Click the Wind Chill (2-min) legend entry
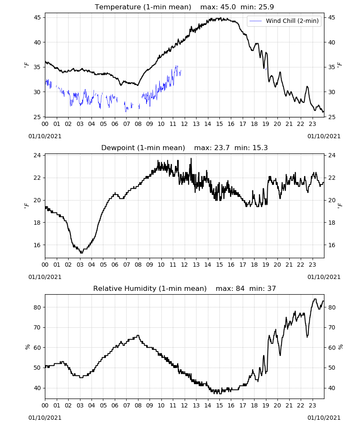click(284, 21)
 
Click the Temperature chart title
click(143, 7)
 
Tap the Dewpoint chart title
click(143, 148)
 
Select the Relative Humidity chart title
click(150, 288)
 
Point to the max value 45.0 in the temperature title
click(228, 7)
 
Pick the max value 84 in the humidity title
click(240, 288)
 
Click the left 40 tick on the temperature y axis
click(37, 42)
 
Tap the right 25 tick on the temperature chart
click(331, 117)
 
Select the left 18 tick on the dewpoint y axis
click(37, 223)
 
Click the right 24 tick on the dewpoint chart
click(332, 155)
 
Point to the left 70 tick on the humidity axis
click(37, 327)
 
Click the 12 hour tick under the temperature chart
click(184, 124)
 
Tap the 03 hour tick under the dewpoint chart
click(80, 265)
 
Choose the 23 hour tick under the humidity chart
click(312, 405)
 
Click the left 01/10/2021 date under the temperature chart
click(45, 136)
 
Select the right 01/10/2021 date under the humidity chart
click(324, 418)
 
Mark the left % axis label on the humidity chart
click(27, 347)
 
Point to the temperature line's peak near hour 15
click(221, 18)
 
